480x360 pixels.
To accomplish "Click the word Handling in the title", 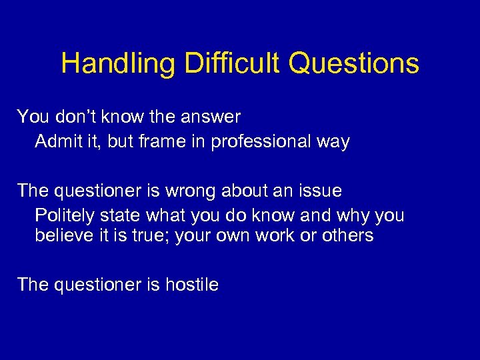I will pyautogui.click(x=118, y=64).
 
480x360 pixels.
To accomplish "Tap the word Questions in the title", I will pyautogui.click(x=354, y=64).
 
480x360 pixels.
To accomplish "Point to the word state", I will pyautogui.click(x=121, y=216).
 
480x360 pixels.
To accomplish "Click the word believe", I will pyautogui.click(x=62, y=235).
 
